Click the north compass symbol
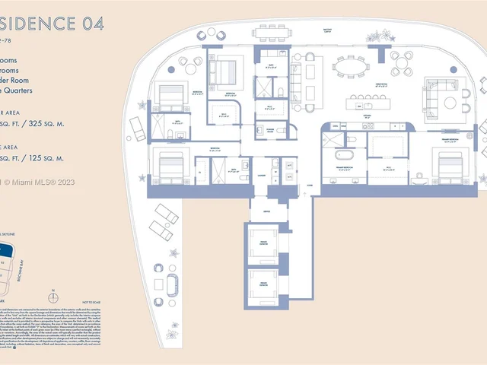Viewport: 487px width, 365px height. (x=52, y=290)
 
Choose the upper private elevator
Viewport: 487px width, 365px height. (x=263, y=241)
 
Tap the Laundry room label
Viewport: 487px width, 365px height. (x=260, y=175)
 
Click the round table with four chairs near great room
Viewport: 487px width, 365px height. (x=401, y=62)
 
